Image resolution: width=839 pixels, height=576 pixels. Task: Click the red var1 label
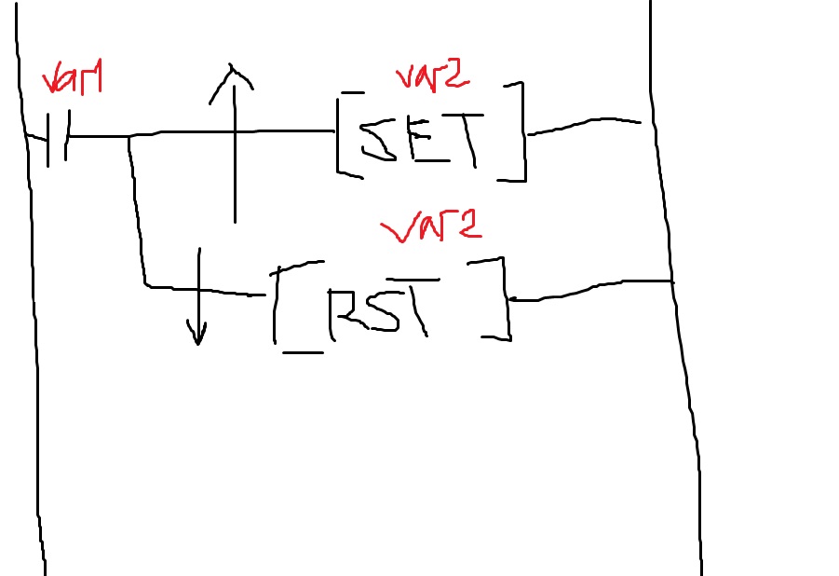(x=73, y=77)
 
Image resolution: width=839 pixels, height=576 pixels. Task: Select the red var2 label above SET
(x=433, y=77)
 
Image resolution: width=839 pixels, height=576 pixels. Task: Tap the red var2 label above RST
(x=431, y=226)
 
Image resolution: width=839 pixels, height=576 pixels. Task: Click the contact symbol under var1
(x=58, y=138)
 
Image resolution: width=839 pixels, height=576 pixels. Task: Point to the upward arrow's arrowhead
(x=231, y=80)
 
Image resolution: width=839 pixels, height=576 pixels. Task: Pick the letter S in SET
(x=378, y=142)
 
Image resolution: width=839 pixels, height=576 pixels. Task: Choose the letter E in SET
(x=429, y=139)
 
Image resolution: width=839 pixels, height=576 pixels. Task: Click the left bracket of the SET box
(x=338, y=135)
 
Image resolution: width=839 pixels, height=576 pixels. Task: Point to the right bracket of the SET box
(x=522, y=131)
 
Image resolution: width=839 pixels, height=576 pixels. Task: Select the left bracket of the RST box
(x=275, y=306)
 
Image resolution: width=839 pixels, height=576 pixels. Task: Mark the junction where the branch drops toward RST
(x=129, y=137)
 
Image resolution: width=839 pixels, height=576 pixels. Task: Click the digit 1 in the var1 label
(x=96, y=76)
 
